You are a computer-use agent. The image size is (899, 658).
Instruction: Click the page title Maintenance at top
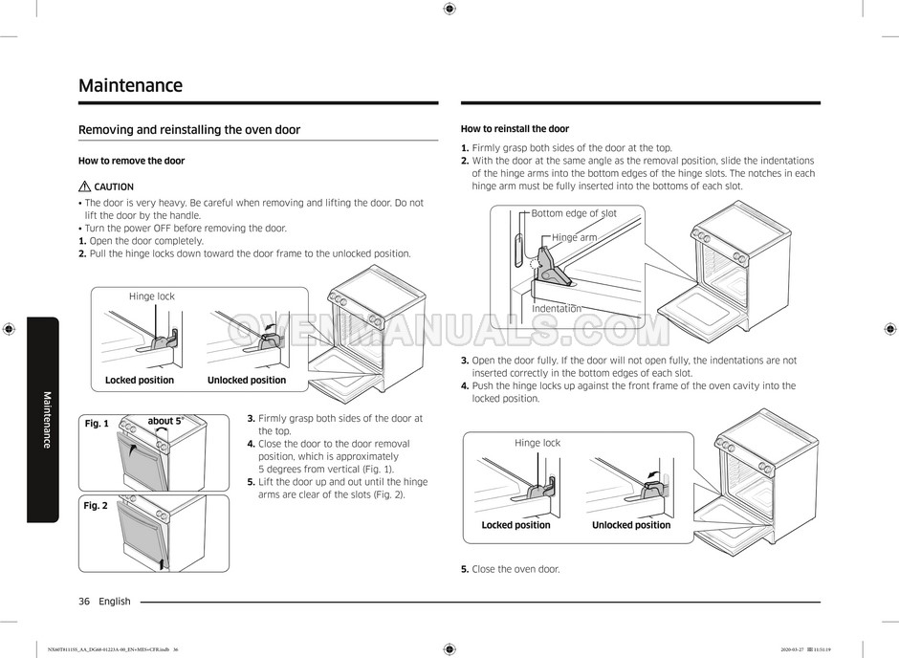click(x=130, y=85)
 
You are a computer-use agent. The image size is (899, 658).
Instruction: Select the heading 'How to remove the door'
click(x=131, y=161)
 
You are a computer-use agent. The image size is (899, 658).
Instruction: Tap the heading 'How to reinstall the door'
click(x=515, y=129)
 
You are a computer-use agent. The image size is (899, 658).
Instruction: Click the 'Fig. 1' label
click(x=96, y=424)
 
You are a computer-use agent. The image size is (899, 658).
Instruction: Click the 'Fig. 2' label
click(x=96, y=505)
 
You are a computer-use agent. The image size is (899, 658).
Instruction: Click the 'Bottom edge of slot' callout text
click(x=574, y=213)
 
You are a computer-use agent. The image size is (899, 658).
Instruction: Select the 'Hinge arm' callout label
click(x=575, y=237)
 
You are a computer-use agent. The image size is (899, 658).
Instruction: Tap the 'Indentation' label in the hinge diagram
click(x=557, y=308)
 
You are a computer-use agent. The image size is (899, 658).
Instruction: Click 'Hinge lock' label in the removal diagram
click(x=152, y=296)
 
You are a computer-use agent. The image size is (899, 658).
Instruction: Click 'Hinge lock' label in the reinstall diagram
click(x=537, y=443)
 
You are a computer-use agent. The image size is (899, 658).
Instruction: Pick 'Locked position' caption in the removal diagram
click(x=140, y=380)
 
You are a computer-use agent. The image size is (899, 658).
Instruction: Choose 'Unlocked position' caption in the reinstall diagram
click(x=631, y=525)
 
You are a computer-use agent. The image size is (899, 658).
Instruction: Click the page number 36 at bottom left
click(x=84, y=602)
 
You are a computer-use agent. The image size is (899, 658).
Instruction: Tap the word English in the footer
click(x=115, y=602)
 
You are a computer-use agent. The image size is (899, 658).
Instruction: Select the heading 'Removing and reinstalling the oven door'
click(x=188, y=129)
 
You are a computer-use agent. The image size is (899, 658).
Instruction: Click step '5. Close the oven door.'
click(x=511, y=569)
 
